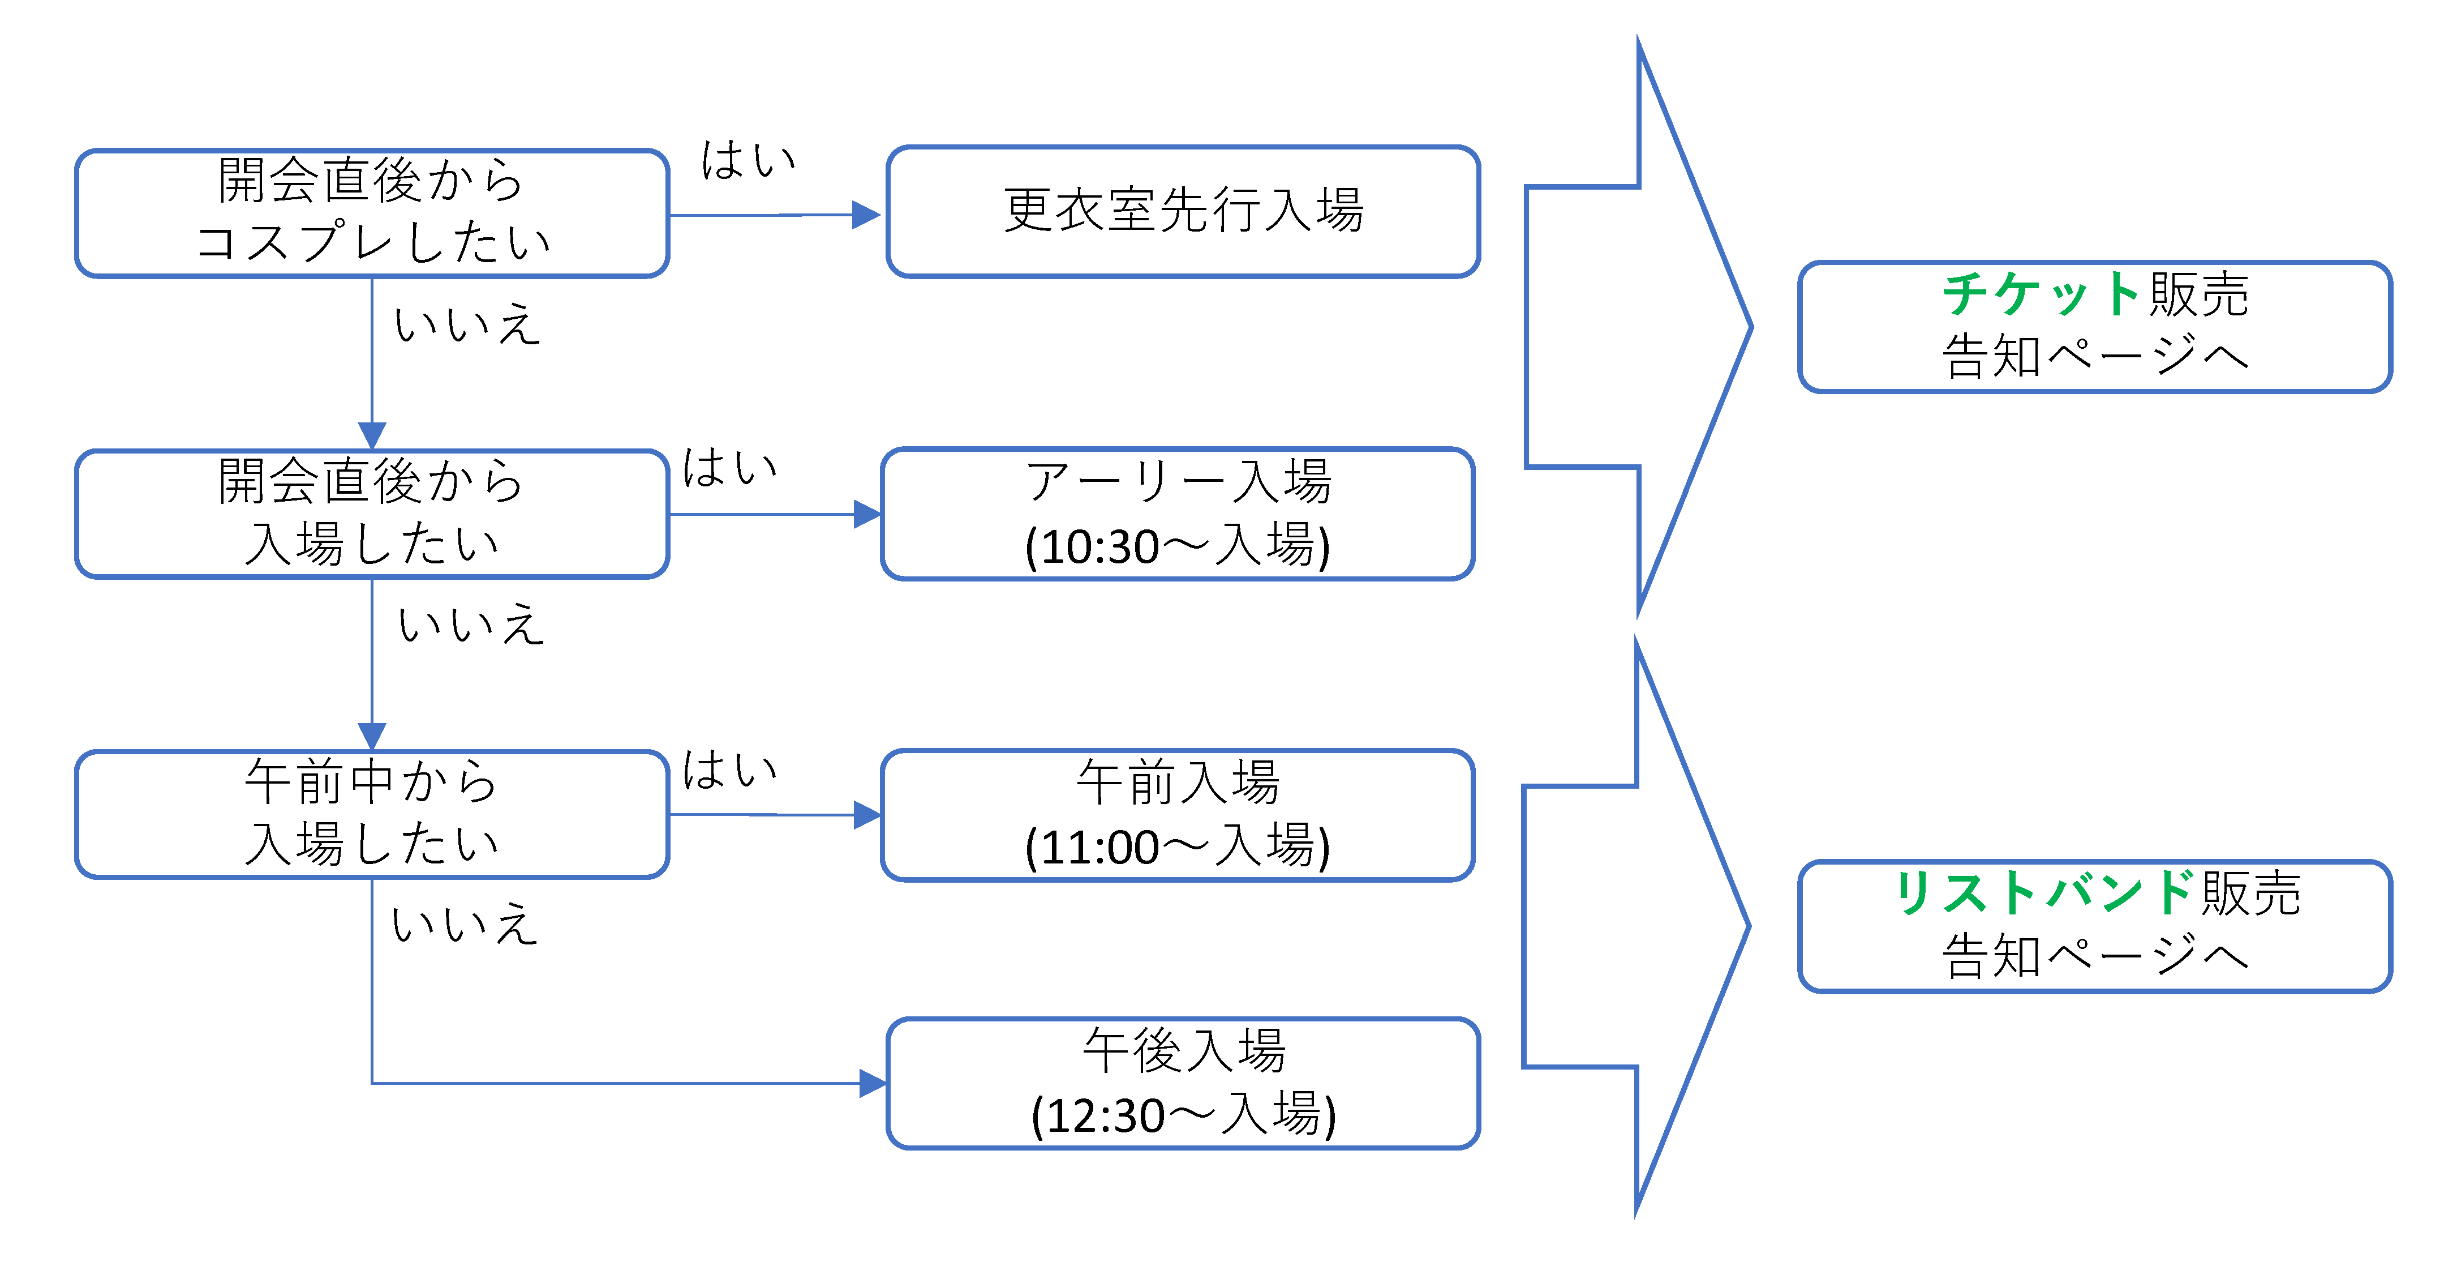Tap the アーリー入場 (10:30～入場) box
click(1178, 514)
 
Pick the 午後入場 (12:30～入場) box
click(1183, 1083)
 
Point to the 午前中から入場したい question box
click(372, 814)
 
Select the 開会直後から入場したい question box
click(372, 514)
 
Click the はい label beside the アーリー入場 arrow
click(729, 468)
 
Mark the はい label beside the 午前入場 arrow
click(729, 769)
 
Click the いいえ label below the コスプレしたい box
click(467, 324)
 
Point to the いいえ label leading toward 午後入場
click(465, 923)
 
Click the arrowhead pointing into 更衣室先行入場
click(866, 215)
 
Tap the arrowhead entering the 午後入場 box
click(872, 1083)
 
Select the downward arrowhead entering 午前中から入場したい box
click(372, 736)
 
